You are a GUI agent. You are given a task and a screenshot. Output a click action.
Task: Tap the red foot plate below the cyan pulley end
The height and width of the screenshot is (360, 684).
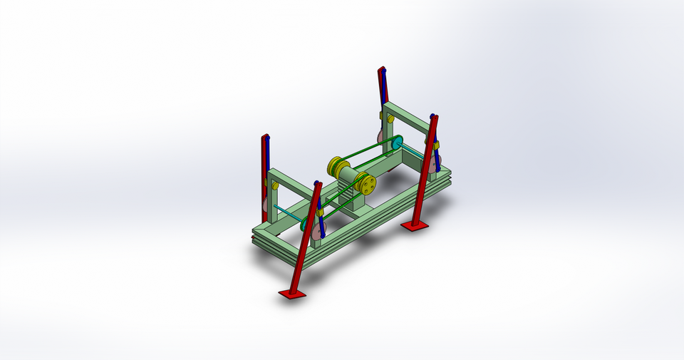(415, 226)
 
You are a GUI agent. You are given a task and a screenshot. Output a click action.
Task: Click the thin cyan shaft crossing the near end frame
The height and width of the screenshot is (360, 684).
(288, 211)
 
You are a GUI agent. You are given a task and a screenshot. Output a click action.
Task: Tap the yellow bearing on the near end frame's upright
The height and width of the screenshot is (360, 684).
(274, 185)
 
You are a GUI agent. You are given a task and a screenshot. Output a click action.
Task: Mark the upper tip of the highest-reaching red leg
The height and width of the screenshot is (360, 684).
(382, 70)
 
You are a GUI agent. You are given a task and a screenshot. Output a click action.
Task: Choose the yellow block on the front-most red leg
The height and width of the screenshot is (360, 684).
(320, 211)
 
